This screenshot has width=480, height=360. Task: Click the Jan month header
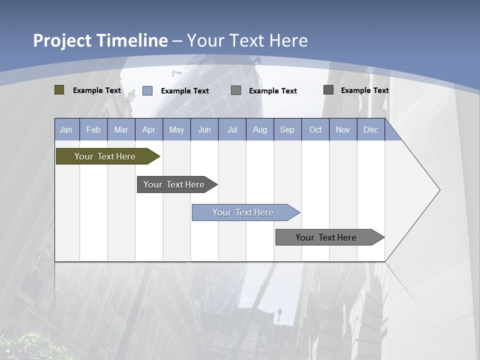tap(66, 130)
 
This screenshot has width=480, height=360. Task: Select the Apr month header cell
tap(149, 130)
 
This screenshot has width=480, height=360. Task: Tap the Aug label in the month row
tap(260, 130)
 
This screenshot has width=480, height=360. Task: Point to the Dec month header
tap(371, 130)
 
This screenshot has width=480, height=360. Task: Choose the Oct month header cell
tap(315, 130)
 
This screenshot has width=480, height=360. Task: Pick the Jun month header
tap(204, 130)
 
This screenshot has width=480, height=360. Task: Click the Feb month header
tap(93, 130)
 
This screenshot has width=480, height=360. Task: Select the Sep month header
tap(287, 130)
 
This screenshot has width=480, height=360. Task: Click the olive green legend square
tap(59, 90)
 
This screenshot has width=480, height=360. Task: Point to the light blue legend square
tap(147, 90)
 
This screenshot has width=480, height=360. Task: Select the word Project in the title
tap(62, 40)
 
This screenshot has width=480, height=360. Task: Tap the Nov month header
tap(343, 130)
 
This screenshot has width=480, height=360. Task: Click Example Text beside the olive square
tap(97, 90)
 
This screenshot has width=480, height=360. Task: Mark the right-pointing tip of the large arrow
tap(438, 190)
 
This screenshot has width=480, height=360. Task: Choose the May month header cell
tap(176, 130)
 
